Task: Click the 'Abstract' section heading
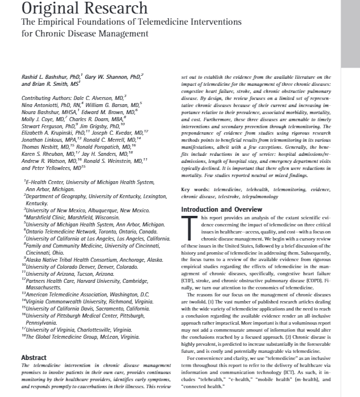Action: pos(34,356)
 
